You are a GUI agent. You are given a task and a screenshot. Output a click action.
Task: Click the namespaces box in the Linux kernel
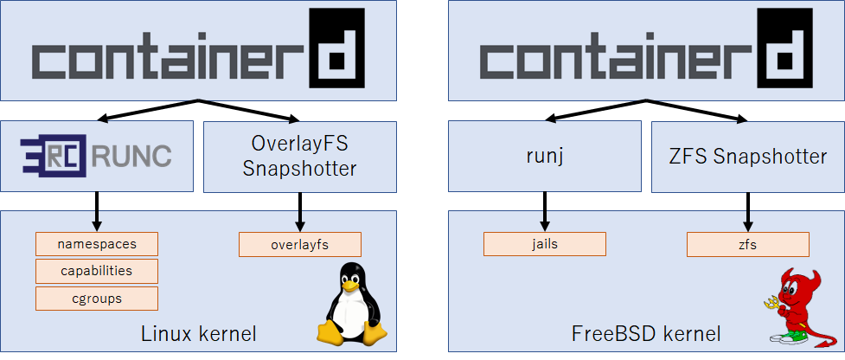(97, 244)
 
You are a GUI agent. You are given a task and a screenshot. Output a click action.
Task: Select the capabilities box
(97, 271)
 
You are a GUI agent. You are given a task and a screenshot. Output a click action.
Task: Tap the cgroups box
(97, 299)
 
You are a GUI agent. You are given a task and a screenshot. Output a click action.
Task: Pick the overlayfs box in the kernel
(299, 244)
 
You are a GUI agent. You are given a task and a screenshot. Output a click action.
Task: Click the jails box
(545, 243)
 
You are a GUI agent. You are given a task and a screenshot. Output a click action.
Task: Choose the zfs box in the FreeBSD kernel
(748, 244)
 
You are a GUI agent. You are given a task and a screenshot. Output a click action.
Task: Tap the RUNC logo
(98, 156)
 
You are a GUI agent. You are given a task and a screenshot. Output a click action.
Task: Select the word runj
(545, 157)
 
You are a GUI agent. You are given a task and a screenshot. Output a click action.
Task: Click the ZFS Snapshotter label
(748, 157)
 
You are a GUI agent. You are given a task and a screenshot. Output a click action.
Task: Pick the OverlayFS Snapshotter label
(299, 157)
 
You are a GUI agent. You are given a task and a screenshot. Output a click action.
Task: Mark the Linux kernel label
(198, 333)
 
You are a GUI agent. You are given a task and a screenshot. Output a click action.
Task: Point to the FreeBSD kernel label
(646, 333)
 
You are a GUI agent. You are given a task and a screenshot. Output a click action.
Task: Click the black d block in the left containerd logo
(332, 52)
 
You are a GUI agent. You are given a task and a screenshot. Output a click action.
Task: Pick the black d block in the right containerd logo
(780, 52)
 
